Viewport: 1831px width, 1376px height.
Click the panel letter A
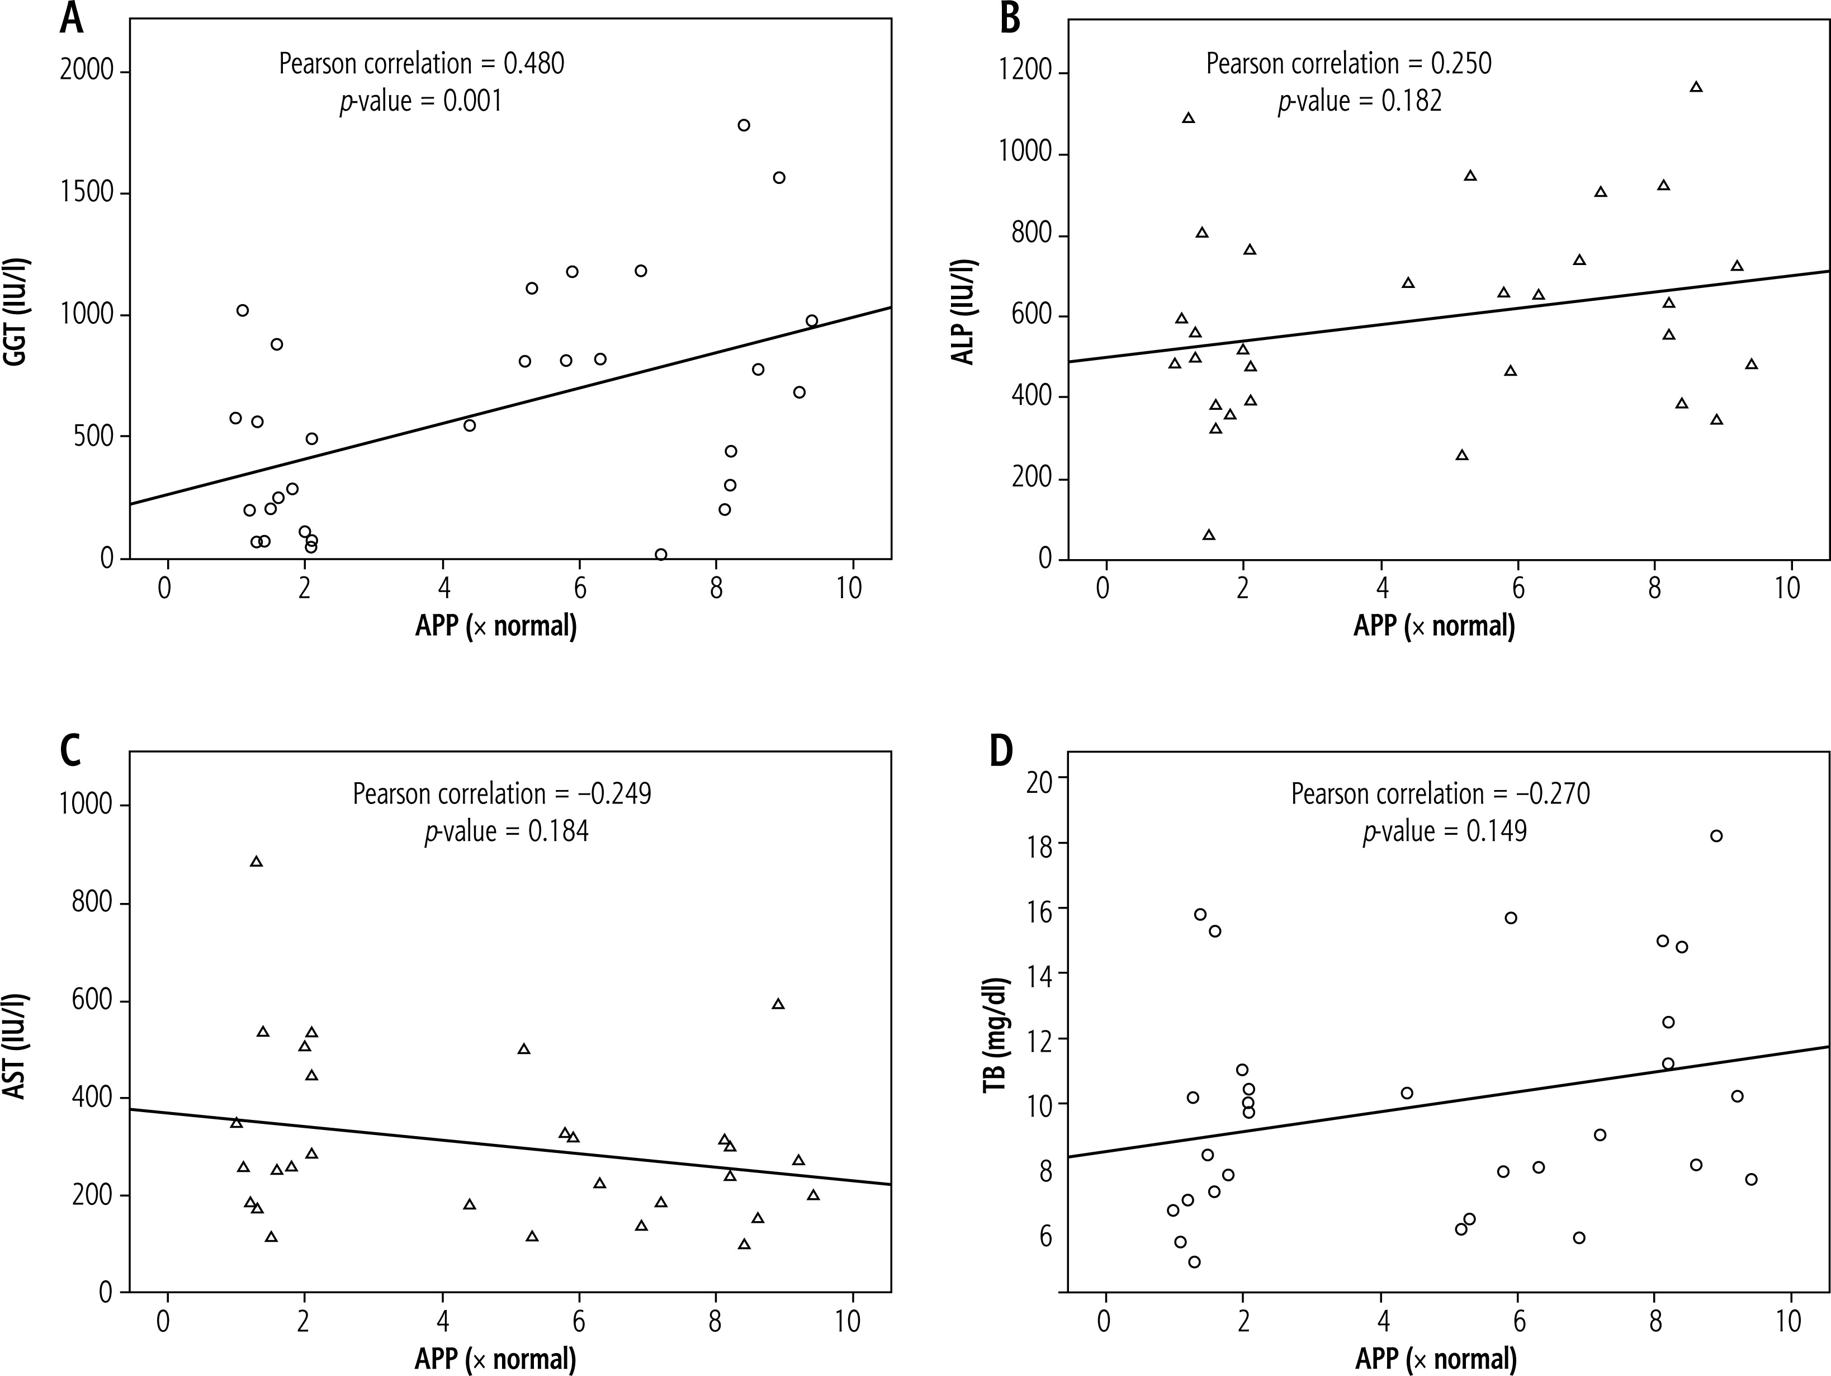pyautogui.click(x=72, y=18)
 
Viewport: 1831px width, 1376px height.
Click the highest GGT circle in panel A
pyautogui.click(x=744, y=125)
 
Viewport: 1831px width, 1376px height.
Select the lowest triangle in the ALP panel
pyautogui.click(x=1209, y=535)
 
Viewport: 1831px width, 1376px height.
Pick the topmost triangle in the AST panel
pyautogui.click(x=257, y=862)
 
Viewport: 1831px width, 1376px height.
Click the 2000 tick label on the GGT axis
pyautogui.click(x=87, y=72)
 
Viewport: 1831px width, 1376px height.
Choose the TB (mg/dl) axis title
pyautogui.click(x=993, y=1037)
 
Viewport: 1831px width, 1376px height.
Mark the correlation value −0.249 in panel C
pyautogui.click(x=613, y=794)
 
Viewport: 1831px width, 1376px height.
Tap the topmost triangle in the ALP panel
pyautogui.click(x=1696, y=87)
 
